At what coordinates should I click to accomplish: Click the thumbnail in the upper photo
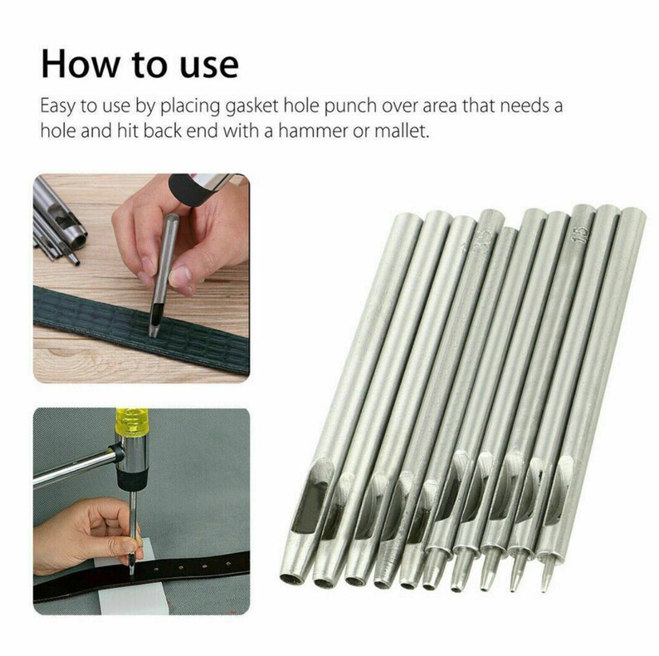(x=146, y=265)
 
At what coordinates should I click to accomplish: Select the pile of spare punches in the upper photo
(x=58, y=228)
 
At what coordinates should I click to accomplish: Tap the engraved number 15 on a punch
(x=581, y=230)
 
